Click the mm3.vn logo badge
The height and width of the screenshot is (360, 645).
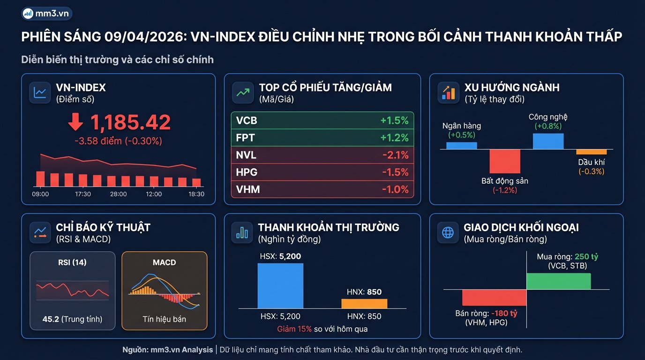tap(47, 14)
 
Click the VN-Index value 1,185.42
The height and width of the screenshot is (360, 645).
tap(130, 123)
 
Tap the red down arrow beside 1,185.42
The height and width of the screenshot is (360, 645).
tap(75, 123)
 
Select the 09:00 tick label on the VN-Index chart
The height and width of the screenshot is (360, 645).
tap(41, 194)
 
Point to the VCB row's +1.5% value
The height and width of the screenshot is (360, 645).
tap(394, 120)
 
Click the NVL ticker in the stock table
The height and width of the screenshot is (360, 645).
tap(246, 155)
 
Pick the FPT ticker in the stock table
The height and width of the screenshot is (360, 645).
tap(245, 138)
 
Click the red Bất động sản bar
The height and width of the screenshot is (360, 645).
tap(505, 161)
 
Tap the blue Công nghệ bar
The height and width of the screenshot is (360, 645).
tap(548, 141)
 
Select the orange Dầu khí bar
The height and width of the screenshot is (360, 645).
tap(591, 152)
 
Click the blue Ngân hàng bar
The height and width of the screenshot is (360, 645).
tap(461, 145)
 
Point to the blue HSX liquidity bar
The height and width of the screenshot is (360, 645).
tap(280, 285)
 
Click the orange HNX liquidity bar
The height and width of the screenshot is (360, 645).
tap(364, 303)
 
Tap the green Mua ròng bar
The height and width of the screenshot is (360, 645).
tap(558, 281)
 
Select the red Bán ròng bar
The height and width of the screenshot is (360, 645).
tap(494, 298)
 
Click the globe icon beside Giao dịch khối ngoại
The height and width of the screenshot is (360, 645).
tap(448, 232)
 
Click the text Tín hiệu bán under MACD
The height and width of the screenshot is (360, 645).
tap(164, 319)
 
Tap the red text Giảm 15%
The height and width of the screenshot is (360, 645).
tap(294, 329)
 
